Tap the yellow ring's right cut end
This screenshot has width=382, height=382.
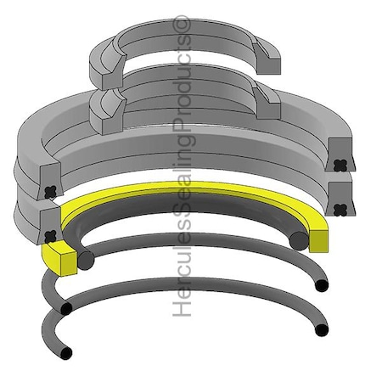coord(320,239)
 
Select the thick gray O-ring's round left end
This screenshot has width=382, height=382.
coord(84,260)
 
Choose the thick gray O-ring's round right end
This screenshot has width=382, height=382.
coord(298,240)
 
